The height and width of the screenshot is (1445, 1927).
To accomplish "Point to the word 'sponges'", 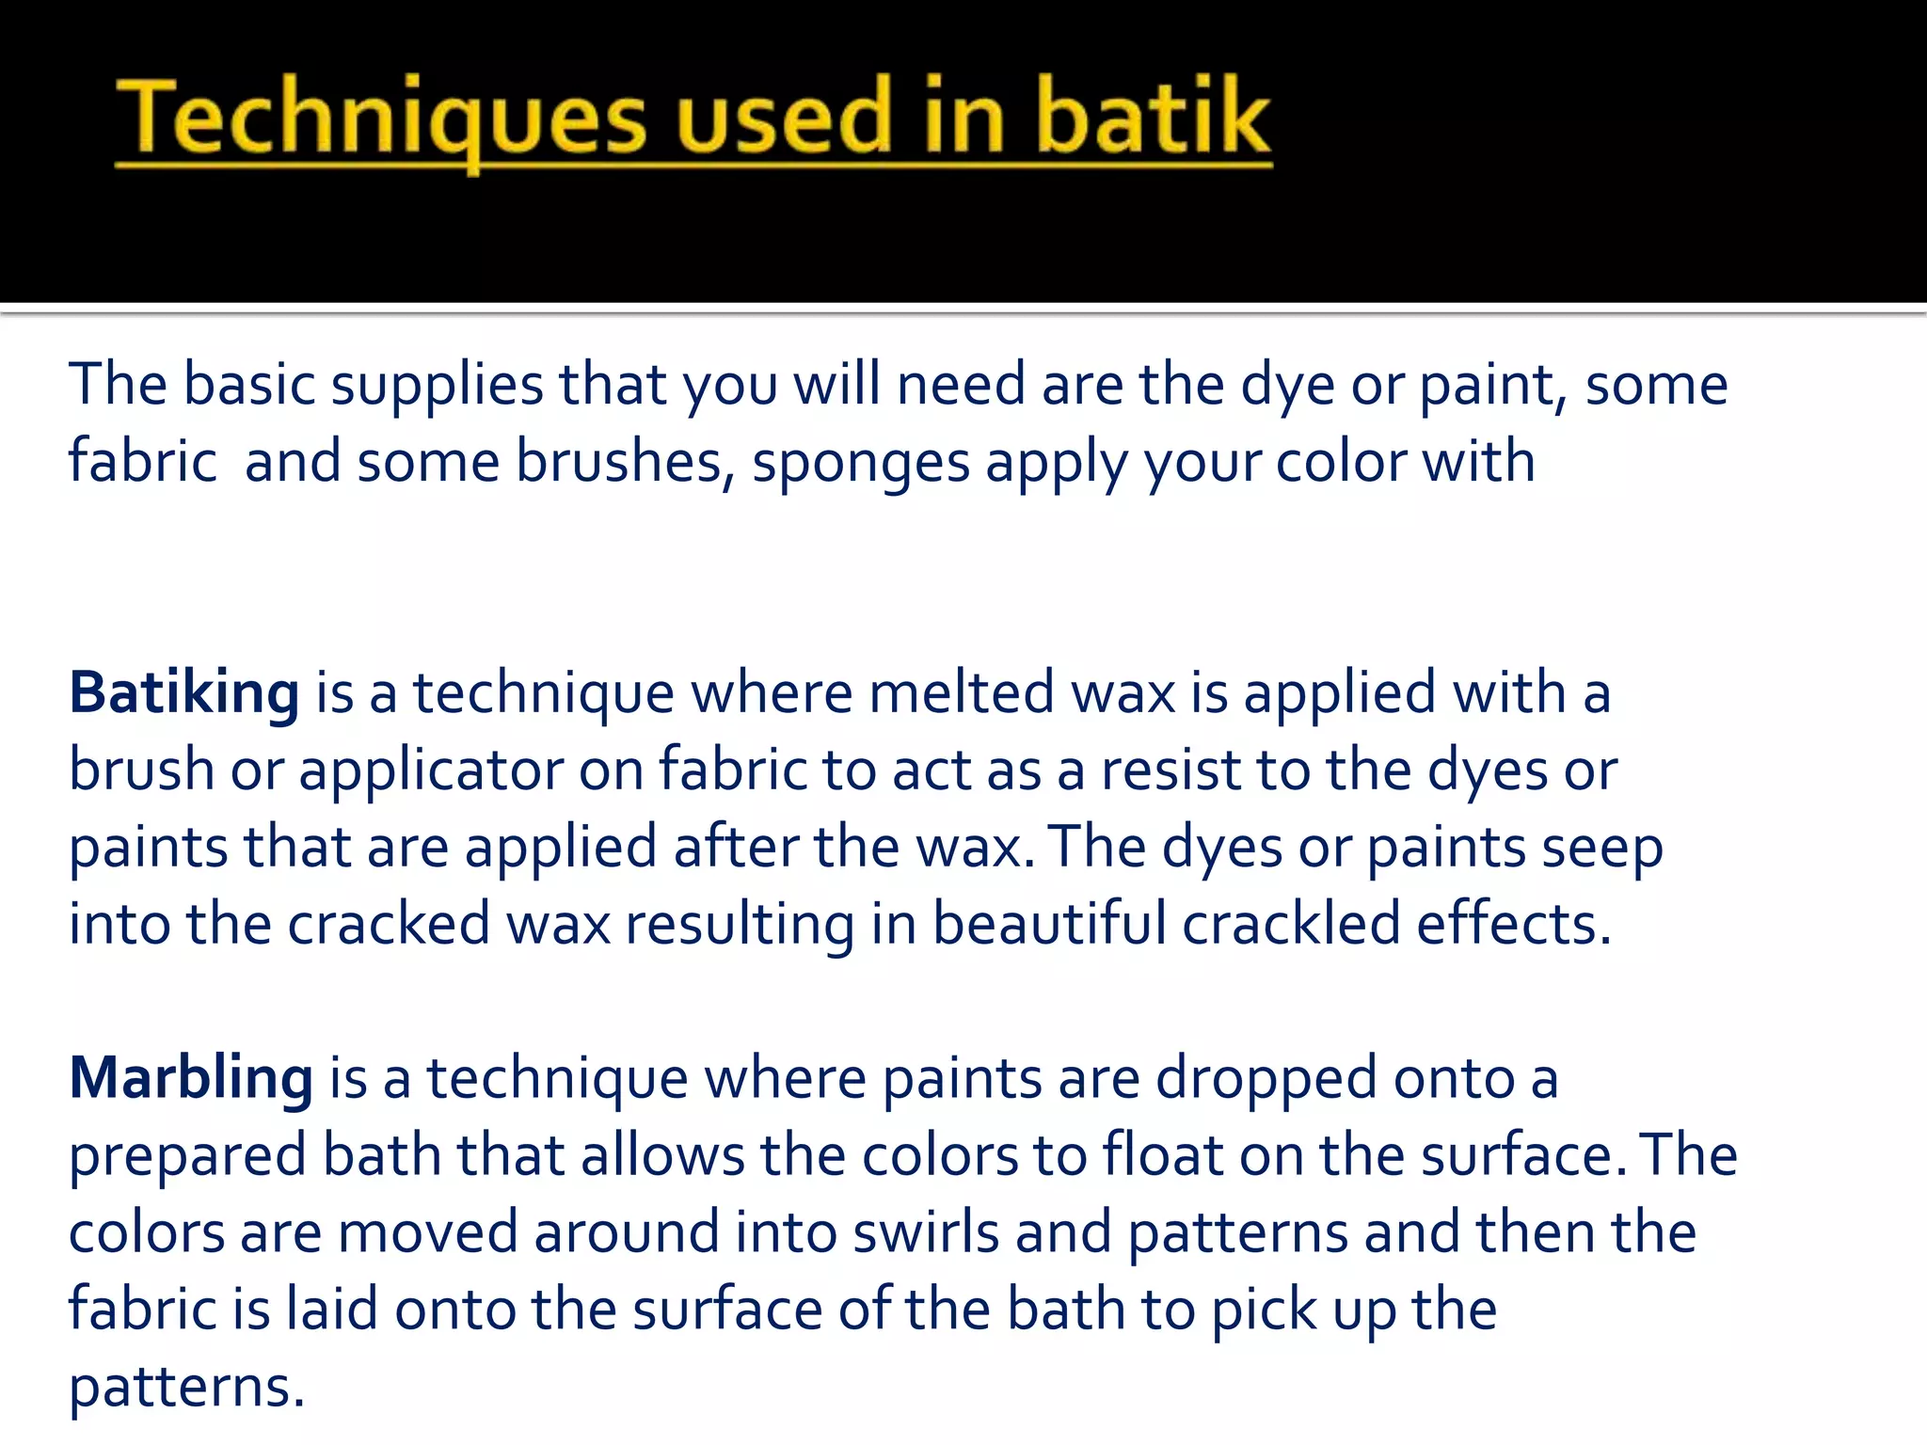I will click(x=861, y=464).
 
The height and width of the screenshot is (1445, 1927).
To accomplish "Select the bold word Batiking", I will click(x=184, y=694).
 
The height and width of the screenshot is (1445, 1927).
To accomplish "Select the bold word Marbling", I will click(x=191, y=1079).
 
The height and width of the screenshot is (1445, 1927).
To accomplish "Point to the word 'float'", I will click(x=1163, y=1155).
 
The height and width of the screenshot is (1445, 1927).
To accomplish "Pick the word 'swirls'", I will click(x=926, y=1233).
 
